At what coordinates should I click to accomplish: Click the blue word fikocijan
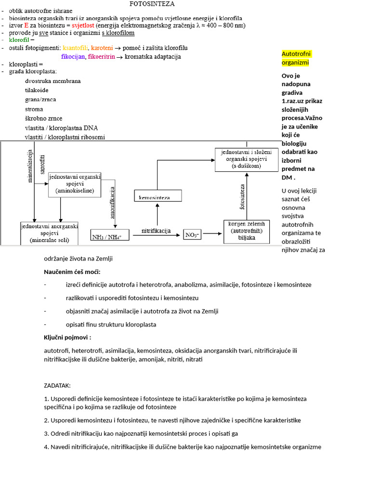73,57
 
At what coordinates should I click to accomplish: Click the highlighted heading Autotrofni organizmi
295,58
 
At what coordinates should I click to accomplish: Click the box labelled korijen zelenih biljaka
246,231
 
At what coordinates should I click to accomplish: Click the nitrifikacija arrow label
156,231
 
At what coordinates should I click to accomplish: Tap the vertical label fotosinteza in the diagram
242,197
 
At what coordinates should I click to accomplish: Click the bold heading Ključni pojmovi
67,337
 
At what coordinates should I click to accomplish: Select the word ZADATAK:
57,386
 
